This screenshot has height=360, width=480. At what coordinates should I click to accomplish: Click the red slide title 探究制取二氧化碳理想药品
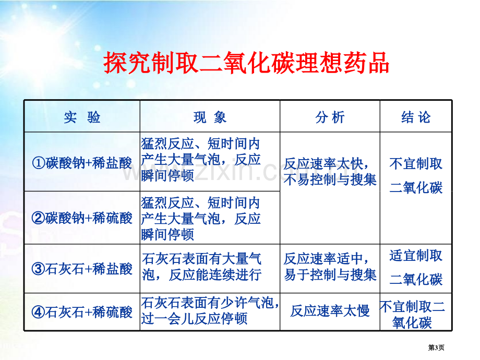[246, 63]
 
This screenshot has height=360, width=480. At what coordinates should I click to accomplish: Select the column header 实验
[82, 117]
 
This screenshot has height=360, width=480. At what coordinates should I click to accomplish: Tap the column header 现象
[210, 117]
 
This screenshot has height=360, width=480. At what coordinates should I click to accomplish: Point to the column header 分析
[330, 117]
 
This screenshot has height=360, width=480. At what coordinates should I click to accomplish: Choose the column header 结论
[416, 117]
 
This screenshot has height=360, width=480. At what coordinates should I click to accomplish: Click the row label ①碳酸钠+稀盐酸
[82, 163]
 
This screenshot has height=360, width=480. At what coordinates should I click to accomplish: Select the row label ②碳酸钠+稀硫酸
[82, 218]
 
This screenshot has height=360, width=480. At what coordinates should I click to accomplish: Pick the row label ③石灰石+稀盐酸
[82, 269]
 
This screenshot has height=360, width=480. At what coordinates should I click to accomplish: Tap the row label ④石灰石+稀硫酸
[82, 312]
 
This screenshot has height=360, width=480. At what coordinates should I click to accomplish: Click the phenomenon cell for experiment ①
[201, 160]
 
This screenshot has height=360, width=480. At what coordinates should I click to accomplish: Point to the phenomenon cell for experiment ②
[201, 219]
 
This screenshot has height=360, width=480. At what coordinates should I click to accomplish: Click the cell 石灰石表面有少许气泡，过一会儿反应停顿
[210, 311]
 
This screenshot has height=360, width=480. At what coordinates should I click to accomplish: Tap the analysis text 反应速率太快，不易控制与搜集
[330, 172]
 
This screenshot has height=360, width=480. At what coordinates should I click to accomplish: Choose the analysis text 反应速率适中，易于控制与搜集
[330, 267]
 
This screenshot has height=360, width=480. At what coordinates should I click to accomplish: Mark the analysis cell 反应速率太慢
[330, 311]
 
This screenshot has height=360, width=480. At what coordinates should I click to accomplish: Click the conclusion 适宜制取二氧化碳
[416, 268]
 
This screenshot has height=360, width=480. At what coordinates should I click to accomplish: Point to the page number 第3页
[436, 347]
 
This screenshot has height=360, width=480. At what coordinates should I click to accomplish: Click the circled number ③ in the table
[38, 269]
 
